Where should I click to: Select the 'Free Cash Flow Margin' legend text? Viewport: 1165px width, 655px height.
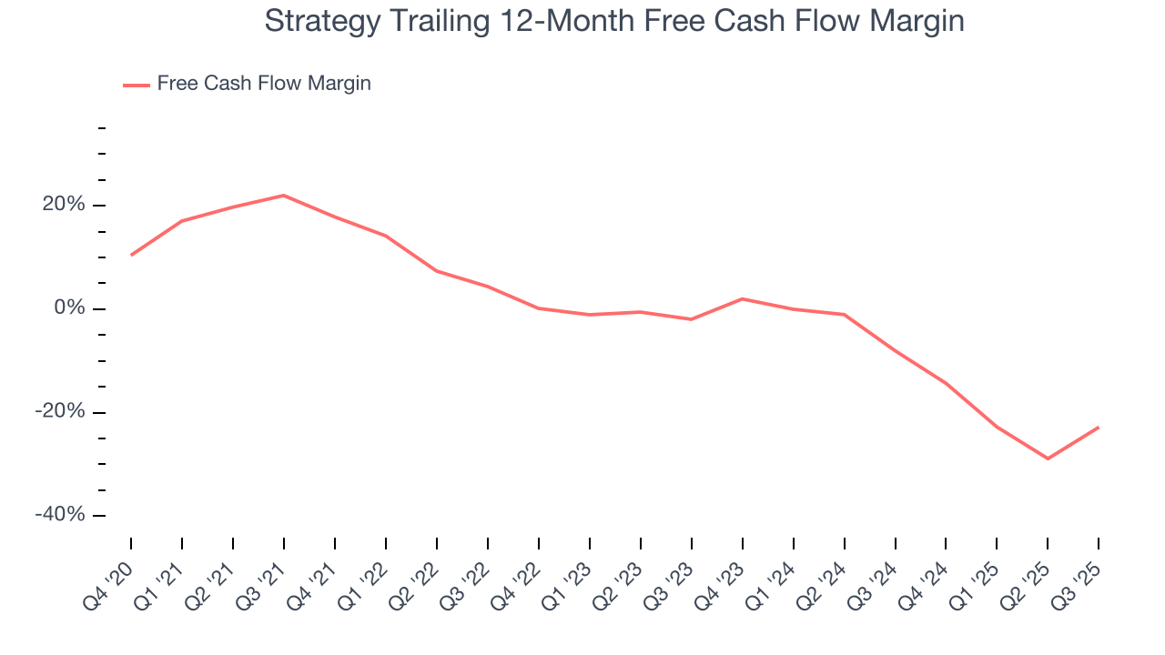click(264, 84)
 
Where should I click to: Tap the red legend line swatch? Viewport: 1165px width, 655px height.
click(137, 85)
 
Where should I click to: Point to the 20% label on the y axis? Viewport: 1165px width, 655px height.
click(63, 206)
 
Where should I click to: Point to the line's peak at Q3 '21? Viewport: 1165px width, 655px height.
click(284, 196)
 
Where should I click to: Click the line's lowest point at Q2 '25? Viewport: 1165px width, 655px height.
click(1048, 458)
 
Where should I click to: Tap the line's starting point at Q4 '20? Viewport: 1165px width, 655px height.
click(131, 255)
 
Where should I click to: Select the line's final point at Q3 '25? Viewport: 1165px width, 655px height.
click(1099, 428)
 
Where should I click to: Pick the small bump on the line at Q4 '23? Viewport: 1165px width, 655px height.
click(743, 298)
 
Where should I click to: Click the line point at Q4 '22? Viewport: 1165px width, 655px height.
click(539, 308)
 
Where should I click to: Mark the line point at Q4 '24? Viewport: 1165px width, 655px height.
click(947, 384)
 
